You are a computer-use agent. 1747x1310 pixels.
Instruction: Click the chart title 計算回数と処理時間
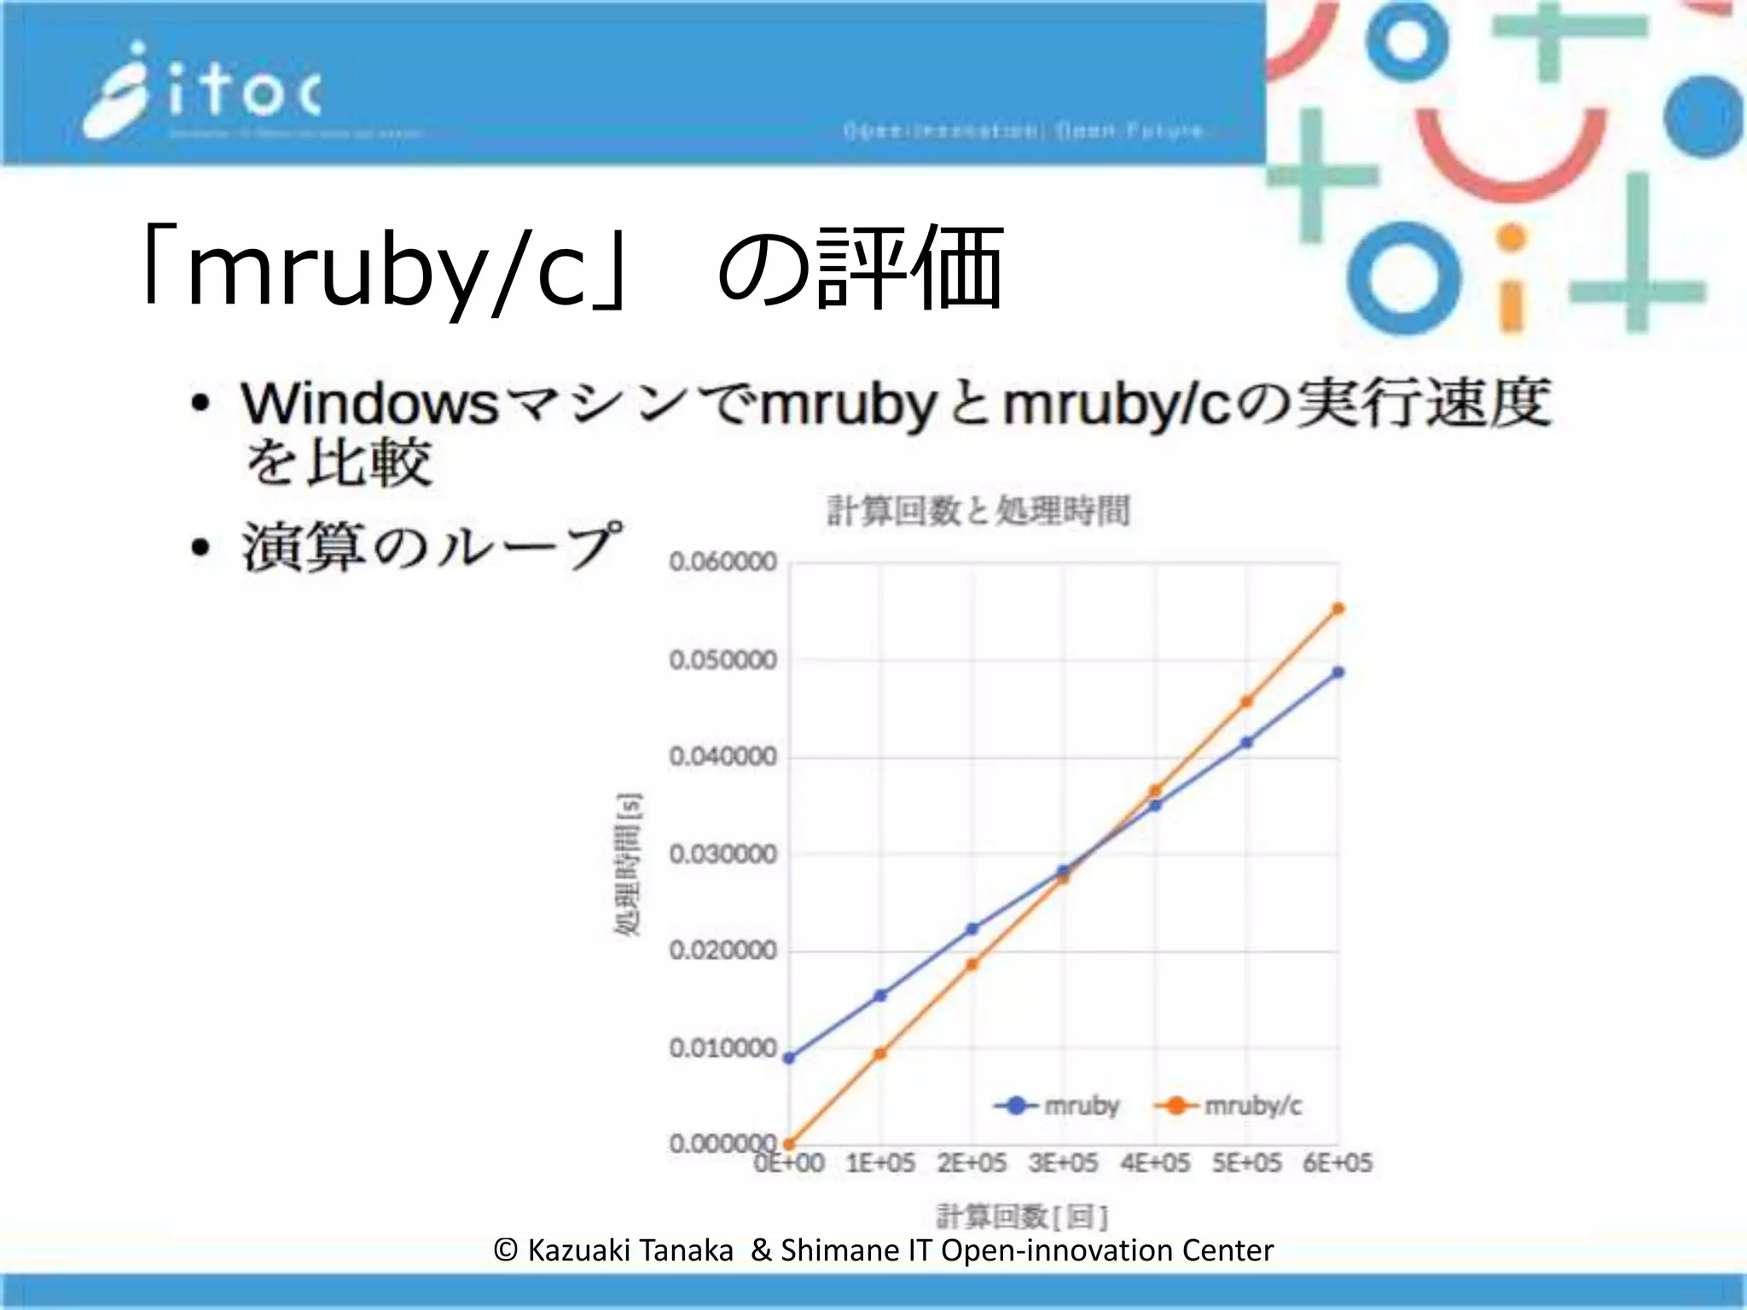pyautogui.click(x=978, y=511)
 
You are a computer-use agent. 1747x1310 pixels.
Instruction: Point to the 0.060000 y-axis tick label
pyautogui.click(x=723, y=562)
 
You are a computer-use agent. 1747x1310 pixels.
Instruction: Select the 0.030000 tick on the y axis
pyautogui.click(x=723, y=854)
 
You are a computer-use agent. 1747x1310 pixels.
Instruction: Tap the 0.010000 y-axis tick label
pyautogui.click(x=723, y=1048)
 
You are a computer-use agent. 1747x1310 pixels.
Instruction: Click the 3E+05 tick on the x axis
pyautogui.click(x=1063, y=1163)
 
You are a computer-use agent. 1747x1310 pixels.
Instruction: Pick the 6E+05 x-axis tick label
pyautogui.click(x=1338, y=1163)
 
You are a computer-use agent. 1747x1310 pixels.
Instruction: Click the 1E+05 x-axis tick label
pyautogui.click(x=880, y=1163)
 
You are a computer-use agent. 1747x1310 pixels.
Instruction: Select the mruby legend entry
pyautogui.click(x=1058, y=1105)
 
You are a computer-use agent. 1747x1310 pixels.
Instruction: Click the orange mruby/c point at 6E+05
pyautogui.click(x=1338, y=608)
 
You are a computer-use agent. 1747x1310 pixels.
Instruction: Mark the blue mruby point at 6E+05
pyautogui.click(x=1338, y=672)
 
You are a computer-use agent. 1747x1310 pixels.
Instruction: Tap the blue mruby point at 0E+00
pyautogui.click(x=789, y=1058)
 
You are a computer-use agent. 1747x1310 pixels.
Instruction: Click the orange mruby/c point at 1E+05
pyautogui.click(x=880, y=1053)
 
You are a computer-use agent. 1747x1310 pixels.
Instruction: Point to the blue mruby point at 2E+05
pyautogui.click(x=972, y=929)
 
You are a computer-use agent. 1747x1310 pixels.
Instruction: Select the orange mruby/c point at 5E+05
pyautogui.click(x=1246, y=702)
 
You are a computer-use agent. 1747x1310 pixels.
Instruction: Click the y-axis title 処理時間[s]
pyautogui.click(x=628, y=864)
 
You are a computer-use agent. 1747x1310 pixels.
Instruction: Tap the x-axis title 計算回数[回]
pyautogui.click(x=1022, y=1215)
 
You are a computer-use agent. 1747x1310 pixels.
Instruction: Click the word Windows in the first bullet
pyautogui.click(x=369, y=403)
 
